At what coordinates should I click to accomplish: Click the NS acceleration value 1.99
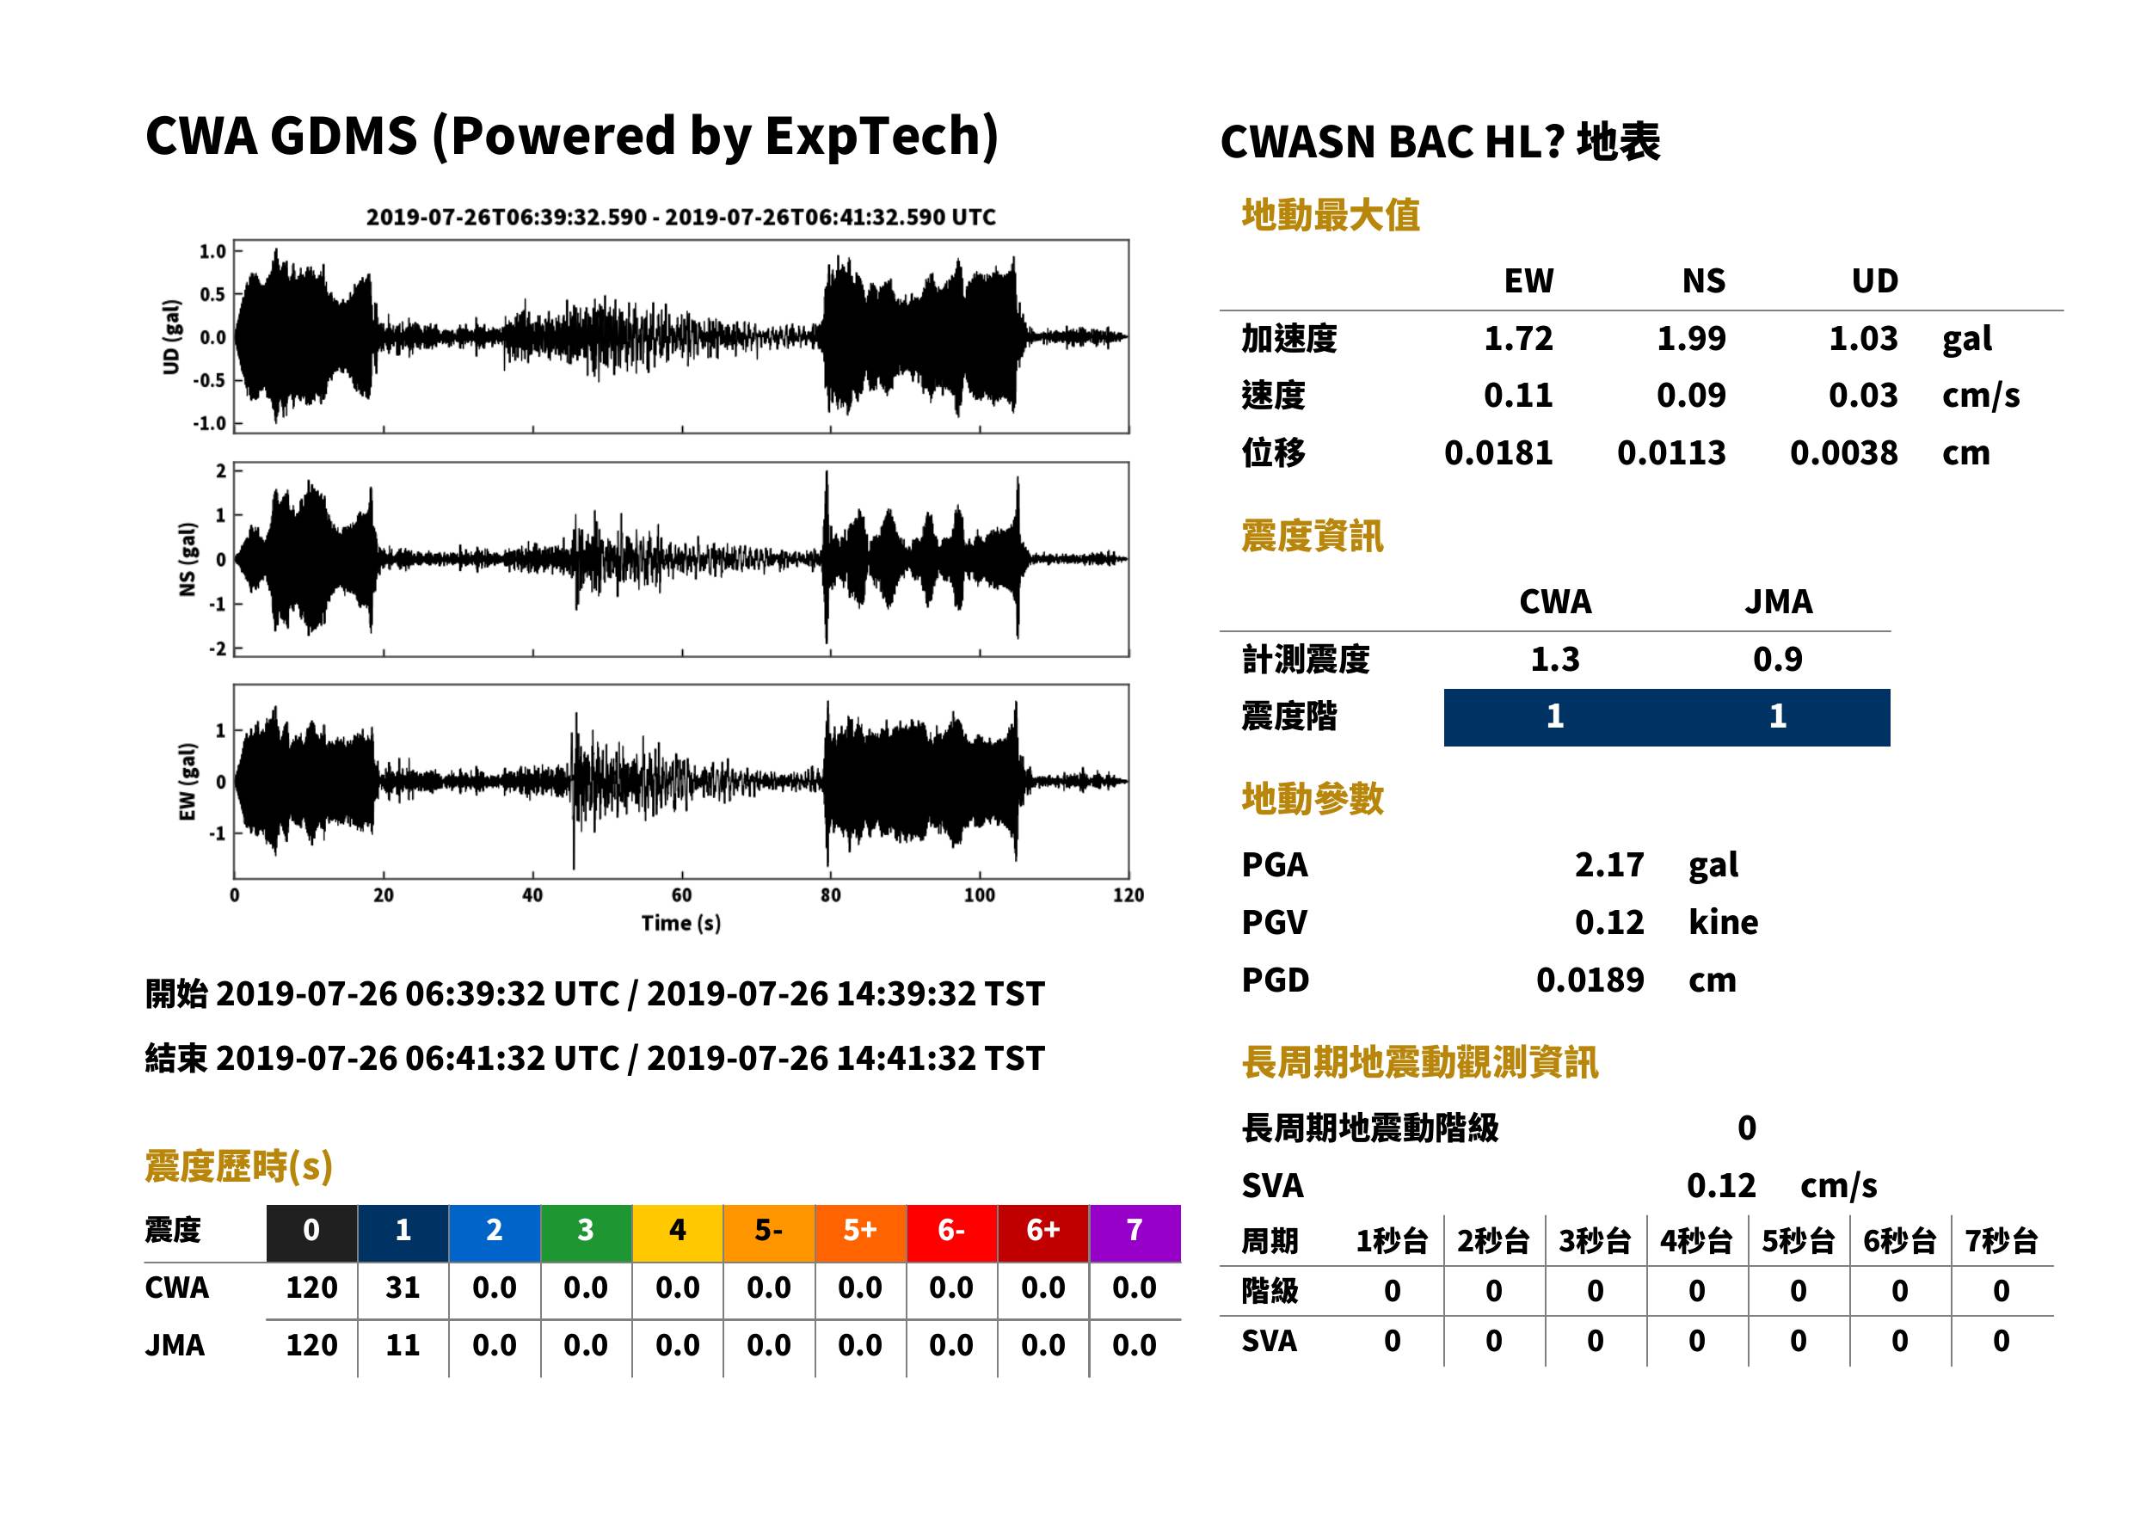(1690, 339)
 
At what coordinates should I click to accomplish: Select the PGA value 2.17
(1608, 865)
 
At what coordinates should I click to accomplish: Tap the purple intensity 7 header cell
(1135, 1232)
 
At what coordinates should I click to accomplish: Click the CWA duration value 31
(403, 1287)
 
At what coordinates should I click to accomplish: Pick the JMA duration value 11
(403, 1346)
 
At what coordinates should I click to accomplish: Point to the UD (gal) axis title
(171, 337)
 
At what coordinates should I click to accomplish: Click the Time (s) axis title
(681, 924)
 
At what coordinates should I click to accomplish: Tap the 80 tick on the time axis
(831, 895)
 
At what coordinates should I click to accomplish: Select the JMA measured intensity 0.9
(1777, 660)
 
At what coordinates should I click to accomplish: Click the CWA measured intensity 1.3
(1555, 660)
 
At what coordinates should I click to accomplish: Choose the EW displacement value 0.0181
(1498, 453)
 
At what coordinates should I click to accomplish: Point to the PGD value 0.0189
(1590, 980)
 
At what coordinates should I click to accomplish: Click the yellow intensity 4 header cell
(678, 1232)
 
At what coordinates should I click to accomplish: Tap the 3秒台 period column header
(1595, 1242)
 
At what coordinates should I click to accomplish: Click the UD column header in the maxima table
(1874, 281)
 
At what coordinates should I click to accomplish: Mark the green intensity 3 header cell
(586, 1232)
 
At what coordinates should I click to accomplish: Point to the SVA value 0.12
(1720, 1186)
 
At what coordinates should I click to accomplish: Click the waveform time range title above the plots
(681, 218)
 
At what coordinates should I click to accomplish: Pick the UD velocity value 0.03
(1863, 396)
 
